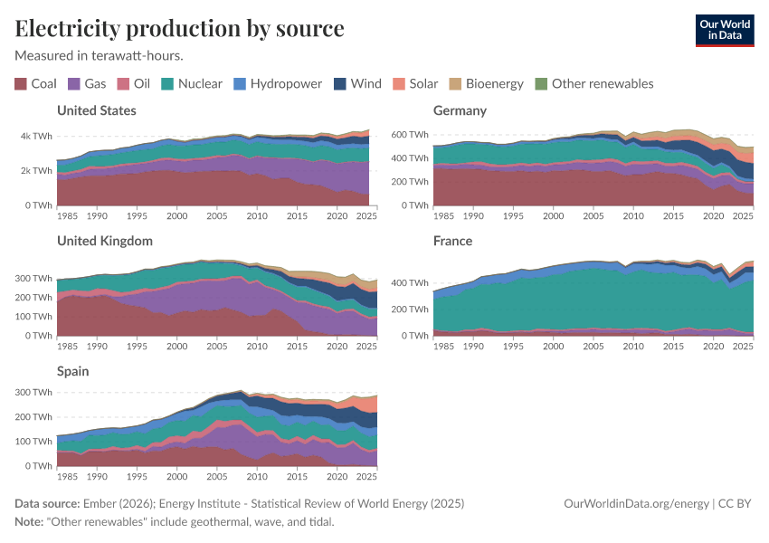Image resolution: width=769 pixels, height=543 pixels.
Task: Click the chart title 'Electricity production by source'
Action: point(179,28)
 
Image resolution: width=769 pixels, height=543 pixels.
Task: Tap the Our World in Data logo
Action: point(724,30)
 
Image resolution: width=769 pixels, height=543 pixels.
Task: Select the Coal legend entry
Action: point(35,83)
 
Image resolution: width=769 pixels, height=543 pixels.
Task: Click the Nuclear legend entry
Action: point(192,83)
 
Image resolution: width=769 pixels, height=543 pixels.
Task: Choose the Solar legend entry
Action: point(414,83)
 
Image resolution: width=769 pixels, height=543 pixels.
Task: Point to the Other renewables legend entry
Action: point(593,83)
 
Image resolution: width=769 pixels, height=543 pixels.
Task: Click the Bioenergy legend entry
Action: point(486,83)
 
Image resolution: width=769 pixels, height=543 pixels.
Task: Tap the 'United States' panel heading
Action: point(97,110)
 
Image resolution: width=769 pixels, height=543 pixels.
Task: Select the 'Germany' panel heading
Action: point(460,110)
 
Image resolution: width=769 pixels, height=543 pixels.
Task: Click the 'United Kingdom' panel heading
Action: point(104,241)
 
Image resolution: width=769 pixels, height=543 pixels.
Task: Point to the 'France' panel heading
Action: point(453,241)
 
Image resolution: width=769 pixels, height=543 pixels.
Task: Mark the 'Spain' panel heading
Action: point(73,371)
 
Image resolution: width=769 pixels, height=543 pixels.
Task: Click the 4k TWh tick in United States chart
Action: point(36,136)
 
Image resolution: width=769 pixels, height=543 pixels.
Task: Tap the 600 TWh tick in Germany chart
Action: point(411,134)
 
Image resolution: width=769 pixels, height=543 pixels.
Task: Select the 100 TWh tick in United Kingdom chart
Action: point(34,317)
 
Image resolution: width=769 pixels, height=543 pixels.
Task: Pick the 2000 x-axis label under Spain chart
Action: point(176,476)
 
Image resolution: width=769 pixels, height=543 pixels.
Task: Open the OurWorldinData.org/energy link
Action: point(636,503)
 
